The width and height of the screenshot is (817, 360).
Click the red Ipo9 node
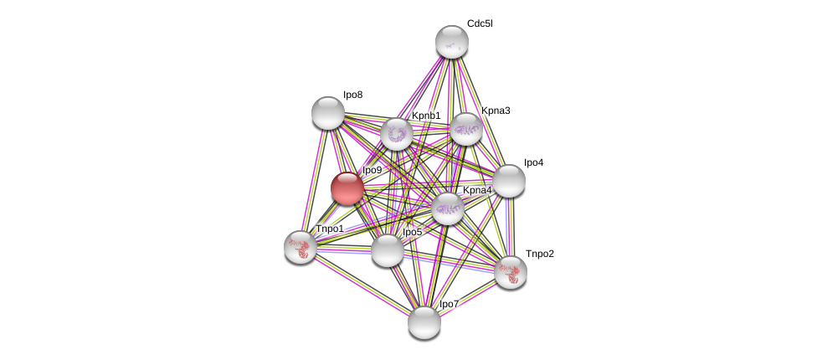[347, 188]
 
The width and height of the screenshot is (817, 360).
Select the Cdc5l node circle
[452, 42]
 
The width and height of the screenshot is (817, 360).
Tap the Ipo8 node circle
[328, 113]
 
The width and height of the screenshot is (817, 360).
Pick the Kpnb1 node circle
[397, 134]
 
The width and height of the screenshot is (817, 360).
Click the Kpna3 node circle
[466, 129]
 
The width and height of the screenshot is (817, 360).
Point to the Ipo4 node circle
[508, 181]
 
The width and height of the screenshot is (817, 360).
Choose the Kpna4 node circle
[448, 208]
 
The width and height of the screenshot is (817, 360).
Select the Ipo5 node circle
[387, 250]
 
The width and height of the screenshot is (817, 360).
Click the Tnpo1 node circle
[301, 247]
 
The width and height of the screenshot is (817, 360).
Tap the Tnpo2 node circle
[510, 272]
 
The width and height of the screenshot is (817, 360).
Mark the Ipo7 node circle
[424, 322]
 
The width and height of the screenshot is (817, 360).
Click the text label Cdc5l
[480, 23]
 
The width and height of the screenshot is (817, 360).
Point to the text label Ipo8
[352, 95]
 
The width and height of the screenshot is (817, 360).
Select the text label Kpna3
[496, 111]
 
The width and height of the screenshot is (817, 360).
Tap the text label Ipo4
[533, 162]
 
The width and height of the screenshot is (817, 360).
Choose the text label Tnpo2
[539, 254]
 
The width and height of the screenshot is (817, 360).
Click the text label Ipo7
[449, 304]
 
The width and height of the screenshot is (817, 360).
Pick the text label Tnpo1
[329, 229]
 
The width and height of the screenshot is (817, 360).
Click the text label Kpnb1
[426, 116]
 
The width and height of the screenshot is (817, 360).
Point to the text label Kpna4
[477, 190]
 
